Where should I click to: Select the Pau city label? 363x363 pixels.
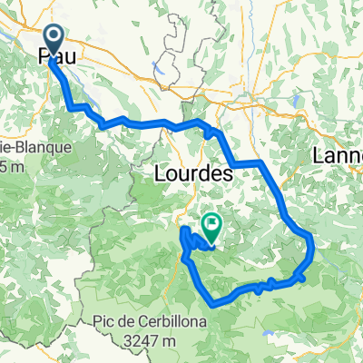(x=55, y=56)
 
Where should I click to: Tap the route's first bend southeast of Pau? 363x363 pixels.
(x=72, y=107)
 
